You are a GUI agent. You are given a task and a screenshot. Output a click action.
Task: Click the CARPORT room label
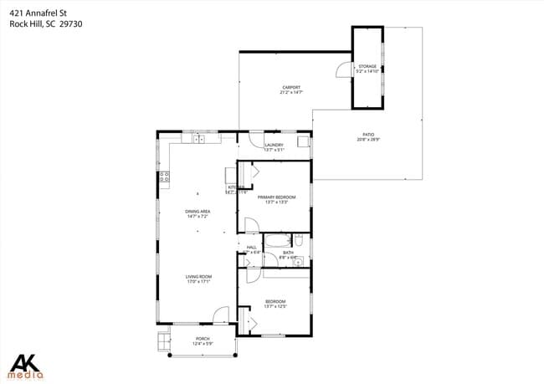click(x=290, y=88)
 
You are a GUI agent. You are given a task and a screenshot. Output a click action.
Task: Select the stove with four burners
click(x=165, y=177)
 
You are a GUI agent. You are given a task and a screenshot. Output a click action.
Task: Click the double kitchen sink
click(x=199, y=139)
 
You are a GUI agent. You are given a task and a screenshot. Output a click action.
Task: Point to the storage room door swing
click(x=344, y=70)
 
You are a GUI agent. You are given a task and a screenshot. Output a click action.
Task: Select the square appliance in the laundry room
click(x=303, y=141)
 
